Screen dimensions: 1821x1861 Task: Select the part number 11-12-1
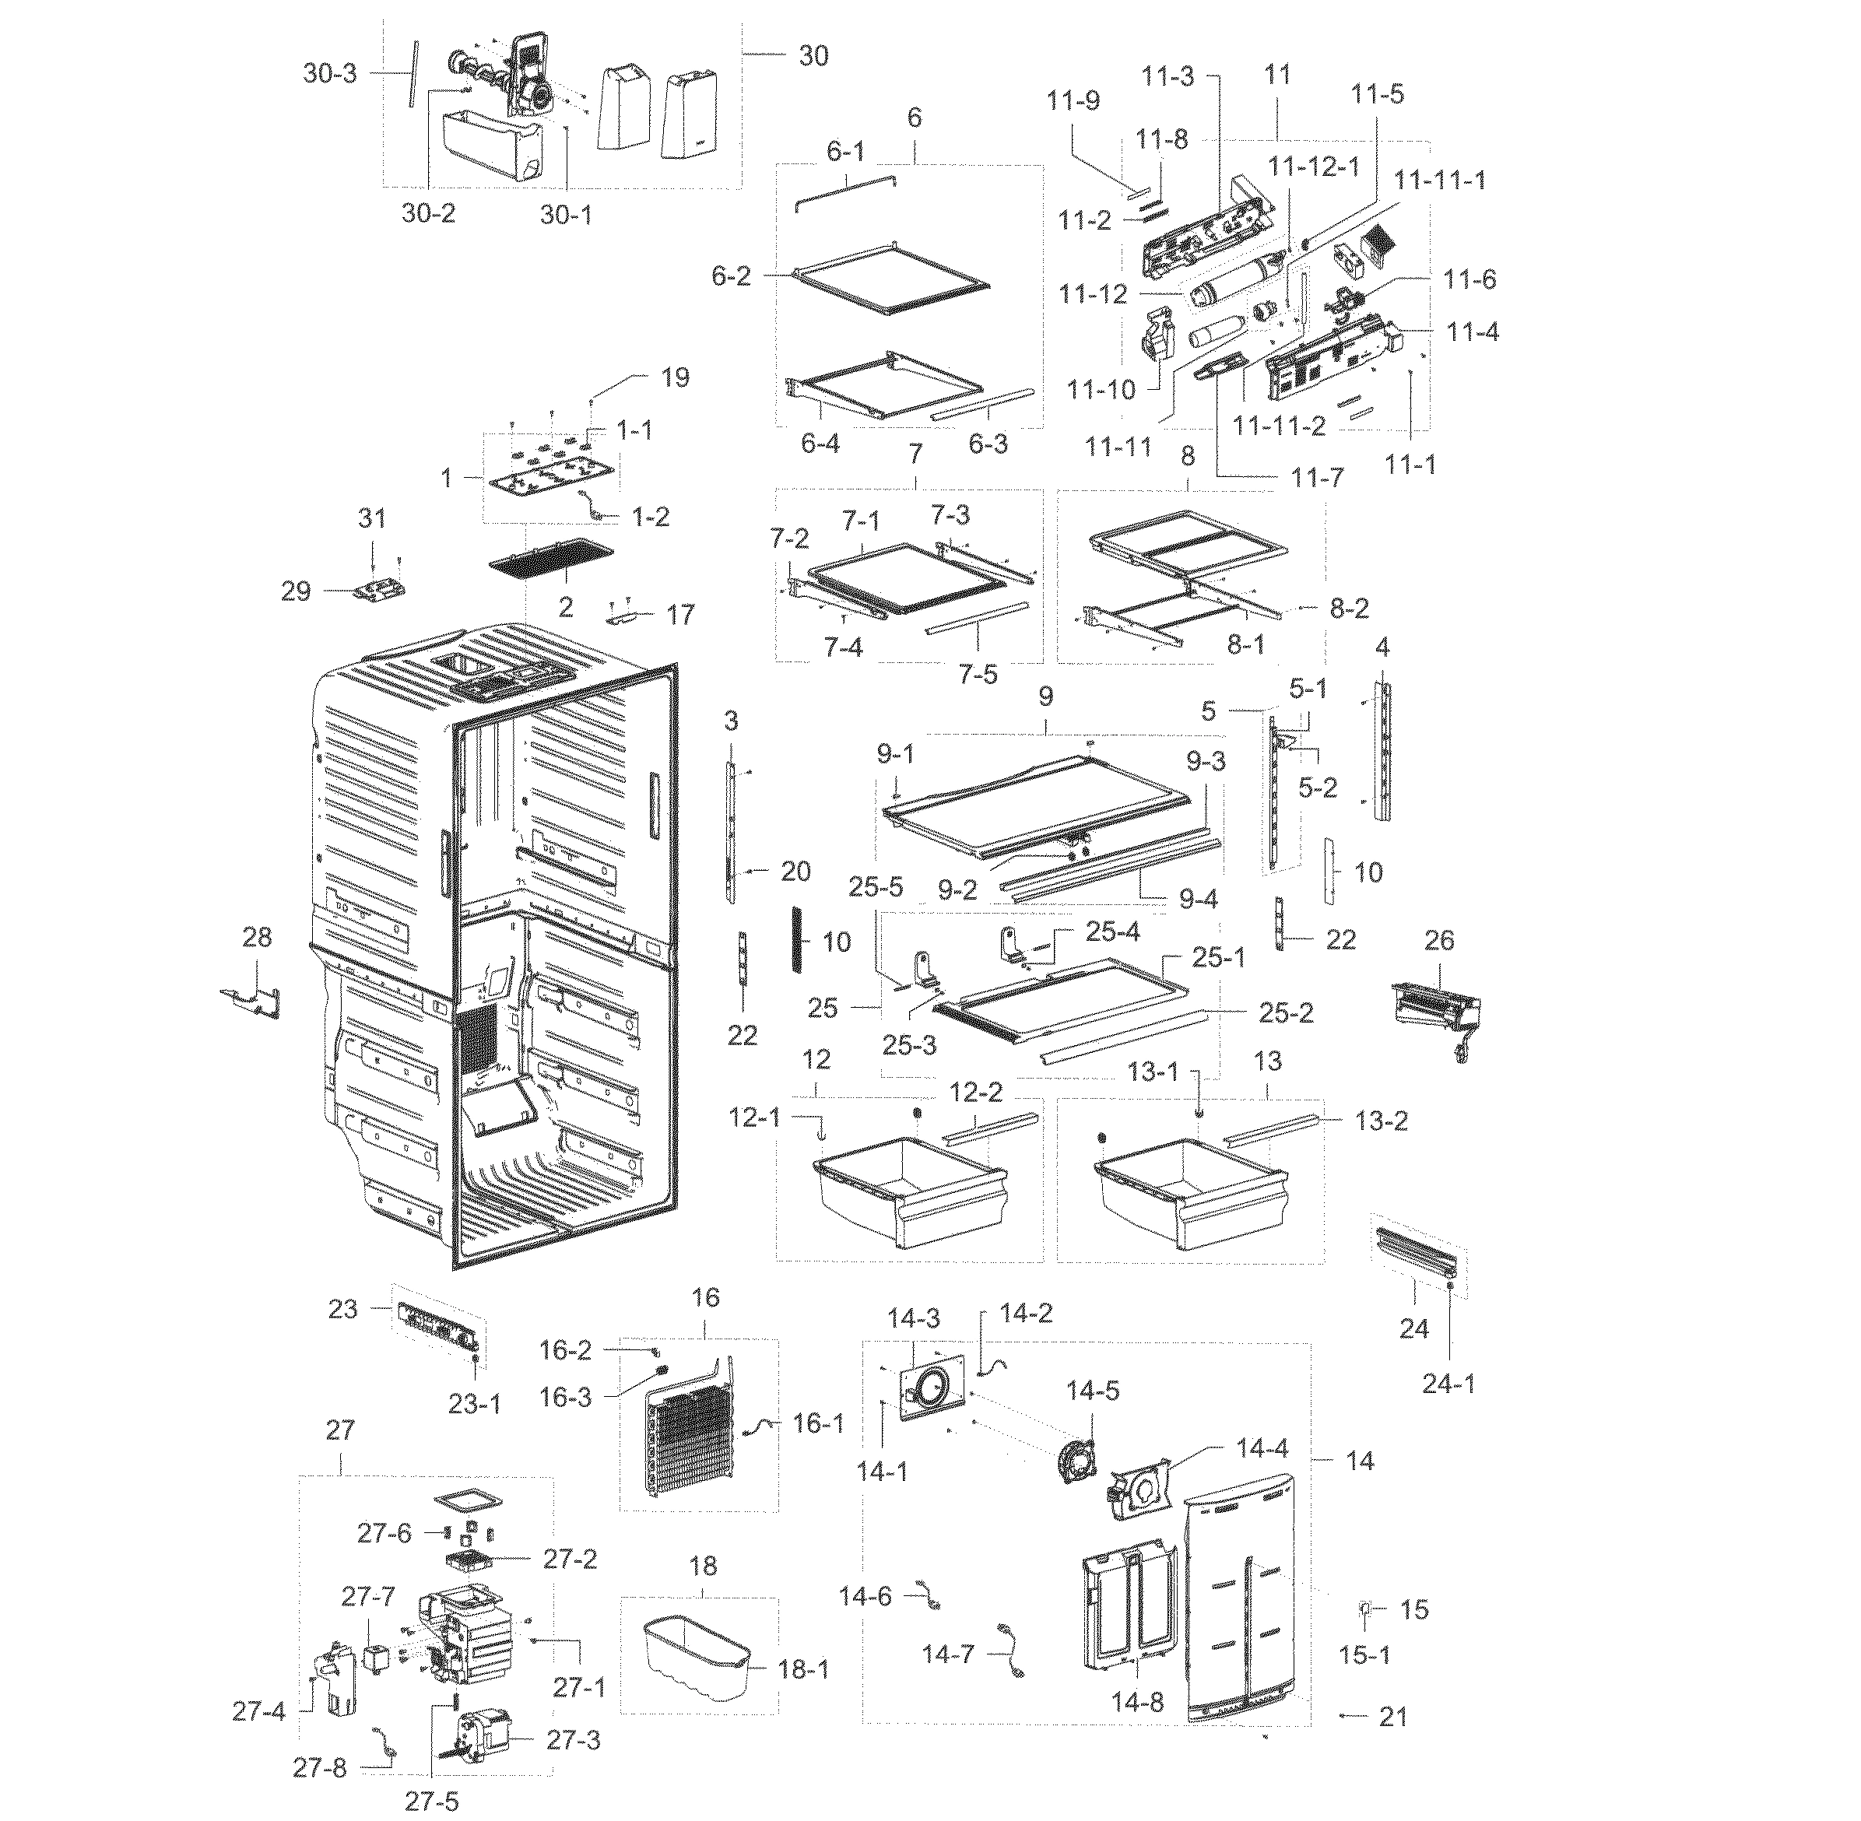click(x=1313, y=166)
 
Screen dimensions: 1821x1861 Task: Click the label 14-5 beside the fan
click(x=1093, y=1390)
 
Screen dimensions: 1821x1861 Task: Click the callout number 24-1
click(x=1448, y=1383)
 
